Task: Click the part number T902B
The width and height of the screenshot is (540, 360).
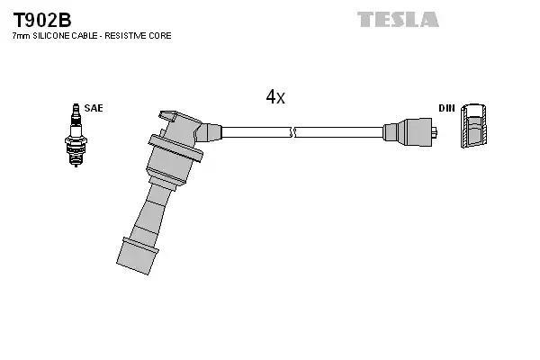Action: tap(42, 21)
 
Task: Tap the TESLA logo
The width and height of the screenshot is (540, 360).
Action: tap(398, 19)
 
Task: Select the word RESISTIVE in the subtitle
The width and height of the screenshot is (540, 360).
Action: tap(125, 35)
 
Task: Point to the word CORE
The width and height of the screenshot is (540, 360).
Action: tap(160, 35)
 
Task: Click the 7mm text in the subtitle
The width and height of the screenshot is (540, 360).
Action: tap(22, 35)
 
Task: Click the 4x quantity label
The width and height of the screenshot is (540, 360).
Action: tap(275, 97)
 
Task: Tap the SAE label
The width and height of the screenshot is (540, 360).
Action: tap(94, 108)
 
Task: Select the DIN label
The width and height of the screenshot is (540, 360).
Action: tap(446, 108)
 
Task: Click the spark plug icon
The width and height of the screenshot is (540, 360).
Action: tap(76, 135)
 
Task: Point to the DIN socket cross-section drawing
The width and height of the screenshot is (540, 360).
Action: tap(474, 125)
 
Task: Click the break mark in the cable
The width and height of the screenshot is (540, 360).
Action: tap(292, 132)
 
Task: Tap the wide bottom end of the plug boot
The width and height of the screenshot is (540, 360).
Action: tap(138, 256)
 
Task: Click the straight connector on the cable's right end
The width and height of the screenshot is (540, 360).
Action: tap(409, 132)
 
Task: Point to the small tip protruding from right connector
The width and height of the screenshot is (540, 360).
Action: tap(435, 132)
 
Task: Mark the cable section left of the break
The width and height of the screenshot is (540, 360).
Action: tap(256, 132)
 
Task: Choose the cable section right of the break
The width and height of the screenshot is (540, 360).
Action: tap(339, 132)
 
